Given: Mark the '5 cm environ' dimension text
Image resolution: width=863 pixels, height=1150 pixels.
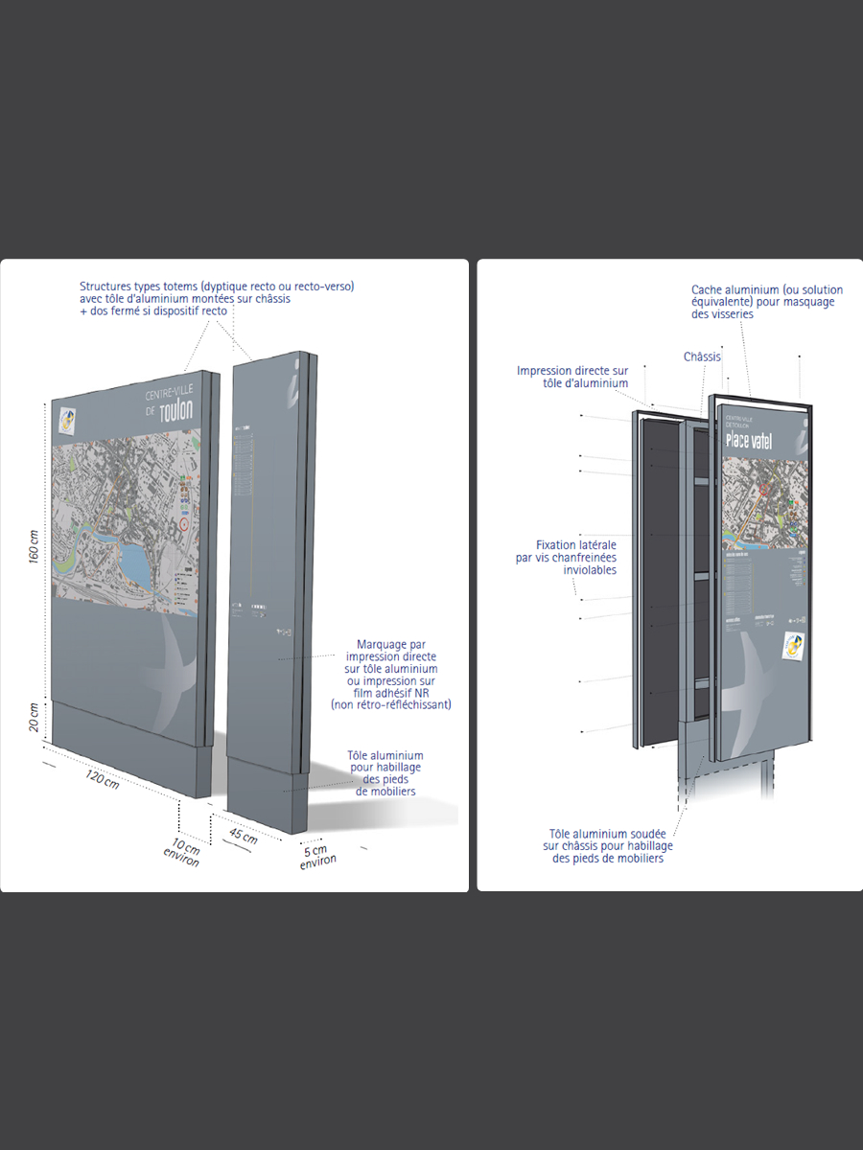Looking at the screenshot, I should (x=316, y=856).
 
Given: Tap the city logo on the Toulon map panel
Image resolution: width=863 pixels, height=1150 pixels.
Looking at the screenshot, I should (x=67, y=420).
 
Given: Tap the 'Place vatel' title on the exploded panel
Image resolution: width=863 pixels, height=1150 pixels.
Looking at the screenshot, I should (x=749, y=441).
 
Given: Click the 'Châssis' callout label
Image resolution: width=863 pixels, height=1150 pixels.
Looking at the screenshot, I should (x=702, y=356).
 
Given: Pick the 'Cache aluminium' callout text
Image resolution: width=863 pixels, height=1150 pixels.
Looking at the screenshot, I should (x=762, y=301).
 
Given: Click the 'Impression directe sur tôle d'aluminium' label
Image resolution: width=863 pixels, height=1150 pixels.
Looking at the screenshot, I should (x=572, y=377).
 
